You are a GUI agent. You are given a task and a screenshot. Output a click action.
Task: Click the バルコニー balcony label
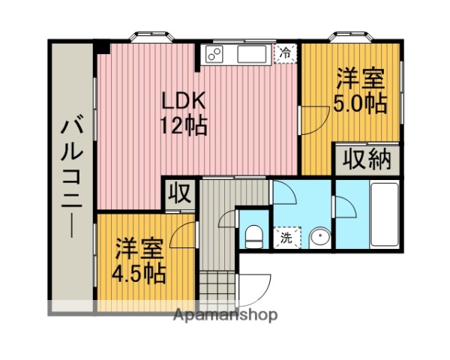73,177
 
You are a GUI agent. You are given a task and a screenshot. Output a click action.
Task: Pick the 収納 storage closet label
367,160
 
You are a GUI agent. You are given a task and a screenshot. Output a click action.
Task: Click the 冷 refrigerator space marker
285,53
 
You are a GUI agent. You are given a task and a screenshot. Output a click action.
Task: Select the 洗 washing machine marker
286,238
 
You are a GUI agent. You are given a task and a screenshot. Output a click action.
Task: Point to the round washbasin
318,238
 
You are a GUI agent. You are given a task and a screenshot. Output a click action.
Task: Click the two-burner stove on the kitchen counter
214,55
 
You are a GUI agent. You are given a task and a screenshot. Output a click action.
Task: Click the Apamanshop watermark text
225,314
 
